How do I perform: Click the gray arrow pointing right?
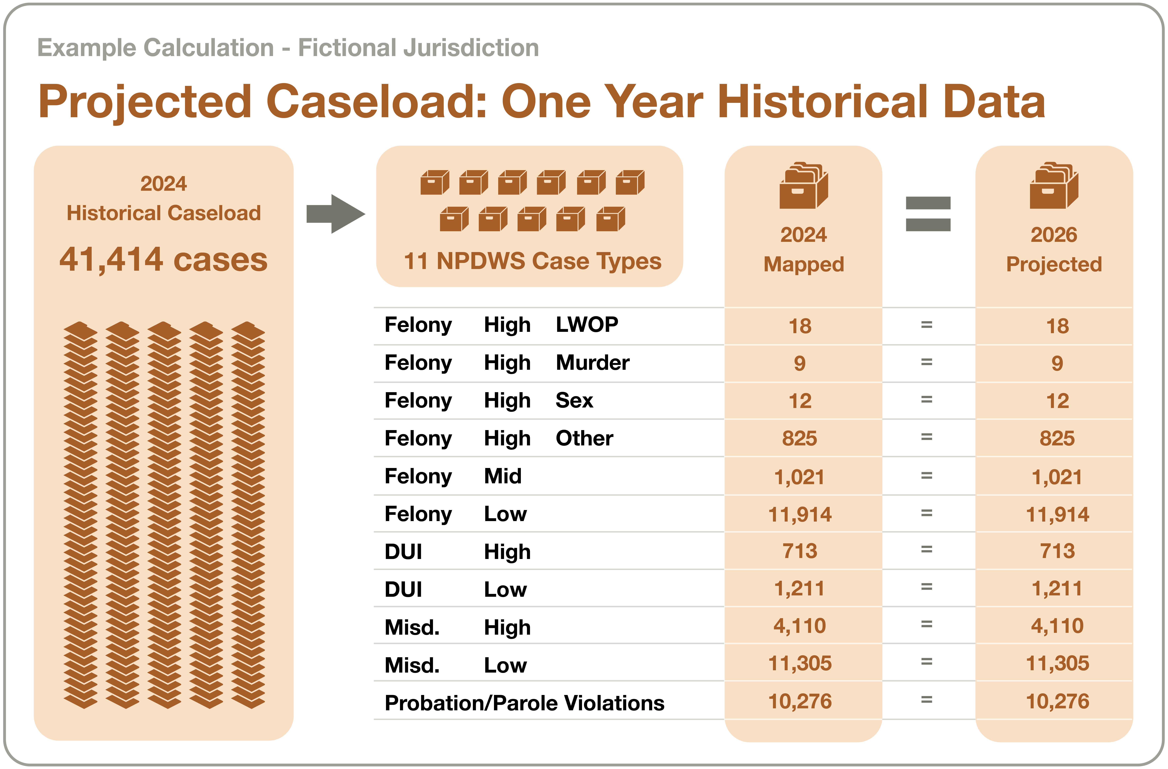point(336,214)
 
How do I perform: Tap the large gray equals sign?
point(928,214)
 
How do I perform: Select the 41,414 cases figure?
point(163,260)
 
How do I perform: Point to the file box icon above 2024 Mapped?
point(803,185)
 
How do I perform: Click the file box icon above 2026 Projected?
point(1054,185)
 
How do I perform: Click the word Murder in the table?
point(592,363)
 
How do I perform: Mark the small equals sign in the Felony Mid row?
point(927,476)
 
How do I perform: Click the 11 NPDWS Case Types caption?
point(532,261)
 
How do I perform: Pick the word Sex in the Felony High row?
point(574,400)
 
